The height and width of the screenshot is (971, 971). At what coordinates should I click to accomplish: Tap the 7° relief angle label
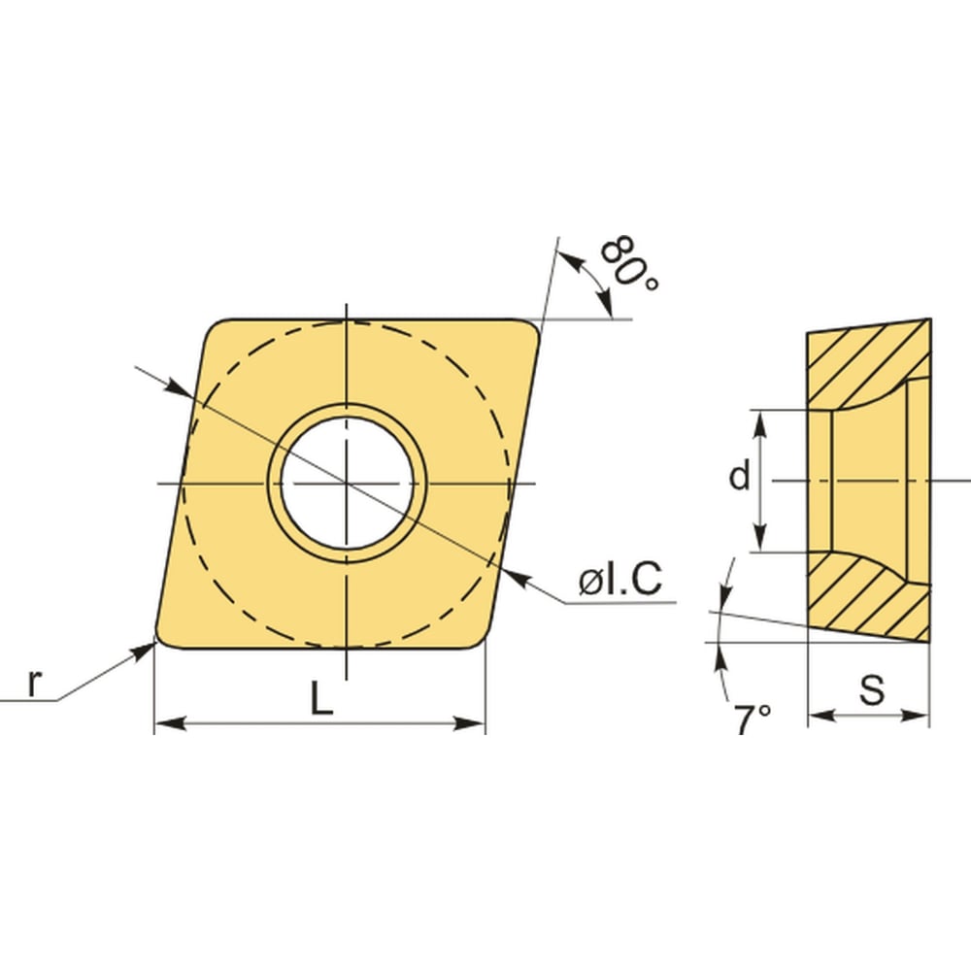click(753, 719)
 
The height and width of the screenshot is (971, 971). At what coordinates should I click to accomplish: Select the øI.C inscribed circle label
click(620, 579)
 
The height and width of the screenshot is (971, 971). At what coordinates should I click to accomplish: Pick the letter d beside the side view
click(739, 475)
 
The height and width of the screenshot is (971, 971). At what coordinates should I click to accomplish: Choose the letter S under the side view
click(873, 688)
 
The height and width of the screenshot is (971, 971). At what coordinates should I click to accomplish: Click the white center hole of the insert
click(348, 483)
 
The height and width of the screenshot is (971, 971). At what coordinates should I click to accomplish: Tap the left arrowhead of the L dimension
click(170, 723)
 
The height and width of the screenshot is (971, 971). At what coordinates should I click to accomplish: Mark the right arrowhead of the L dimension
click(469, 723)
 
